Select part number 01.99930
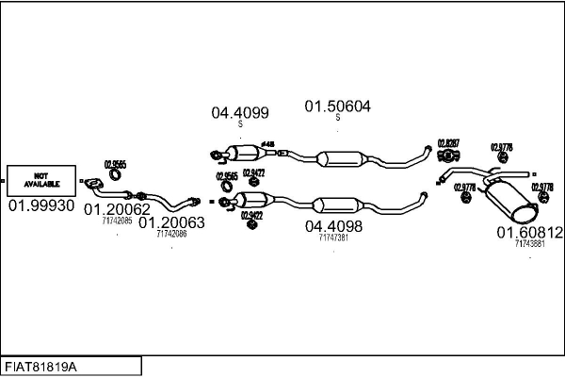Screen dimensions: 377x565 pos(40,205)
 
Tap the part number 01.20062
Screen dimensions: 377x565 pos(118,209)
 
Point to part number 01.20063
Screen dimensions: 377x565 pos(171,222)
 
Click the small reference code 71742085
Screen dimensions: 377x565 pos(118,221)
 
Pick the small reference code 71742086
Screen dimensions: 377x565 pos(171,234)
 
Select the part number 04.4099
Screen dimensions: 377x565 pos(239,113)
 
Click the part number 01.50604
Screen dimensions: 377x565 pos(337,107)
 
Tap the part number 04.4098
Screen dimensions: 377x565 pos(333,226)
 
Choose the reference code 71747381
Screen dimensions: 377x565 pos(333,238)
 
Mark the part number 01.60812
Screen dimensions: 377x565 pos(529,232)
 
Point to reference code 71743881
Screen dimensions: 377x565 pos(529,243)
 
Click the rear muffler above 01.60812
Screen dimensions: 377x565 pos(508,199)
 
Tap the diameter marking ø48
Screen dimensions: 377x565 pos(267,144)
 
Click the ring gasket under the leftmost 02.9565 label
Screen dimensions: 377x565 pos(115,173)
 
